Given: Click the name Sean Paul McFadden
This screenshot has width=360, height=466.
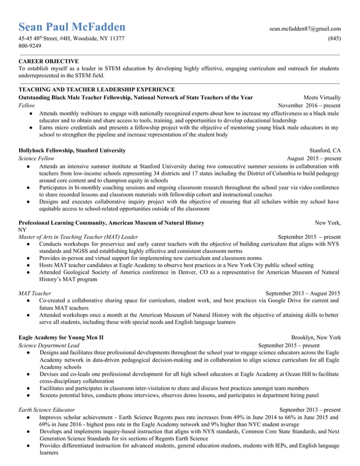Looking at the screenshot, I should coord(72,27).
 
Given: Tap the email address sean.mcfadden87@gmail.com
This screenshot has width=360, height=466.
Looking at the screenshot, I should coord(305,28).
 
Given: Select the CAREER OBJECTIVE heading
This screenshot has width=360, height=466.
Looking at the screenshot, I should coord(49,61).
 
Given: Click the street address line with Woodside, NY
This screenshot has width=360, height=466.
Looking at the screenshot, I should coord(72,38).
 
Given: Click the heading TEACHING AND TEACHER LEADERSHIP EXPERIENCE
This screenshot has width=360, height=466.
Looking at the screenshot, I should coord(96,89).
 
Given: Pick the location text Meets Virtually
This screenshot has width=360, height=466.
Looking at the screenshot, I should coord(322,97).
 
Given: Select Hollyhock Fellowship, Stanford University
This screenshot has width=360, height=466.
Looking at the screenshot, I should coord(72,151).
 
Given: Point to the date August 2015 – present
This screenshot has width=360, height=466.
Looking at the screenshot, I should coord(314,159).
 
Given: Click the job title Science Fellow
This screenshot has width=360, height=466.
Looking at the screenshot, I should coord(37,159).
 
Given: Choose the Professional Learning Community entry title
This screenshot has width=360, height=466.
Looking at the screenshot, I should coord(111,223).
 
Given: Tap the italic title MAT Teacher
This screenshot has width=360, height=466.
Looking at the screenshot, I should coord(35,293).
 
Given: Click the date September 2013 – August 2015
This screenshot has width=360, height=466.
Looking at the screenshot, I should coord(302,293).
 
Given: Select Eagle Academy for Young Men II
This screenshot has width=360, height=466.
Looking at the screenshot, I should coord(61,337).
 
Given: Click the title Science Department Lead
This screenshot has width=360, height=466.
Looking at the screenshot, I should coord(49,345).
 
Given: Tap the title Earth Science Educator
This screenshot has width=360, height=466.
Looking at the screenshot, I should coord(46,410).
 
